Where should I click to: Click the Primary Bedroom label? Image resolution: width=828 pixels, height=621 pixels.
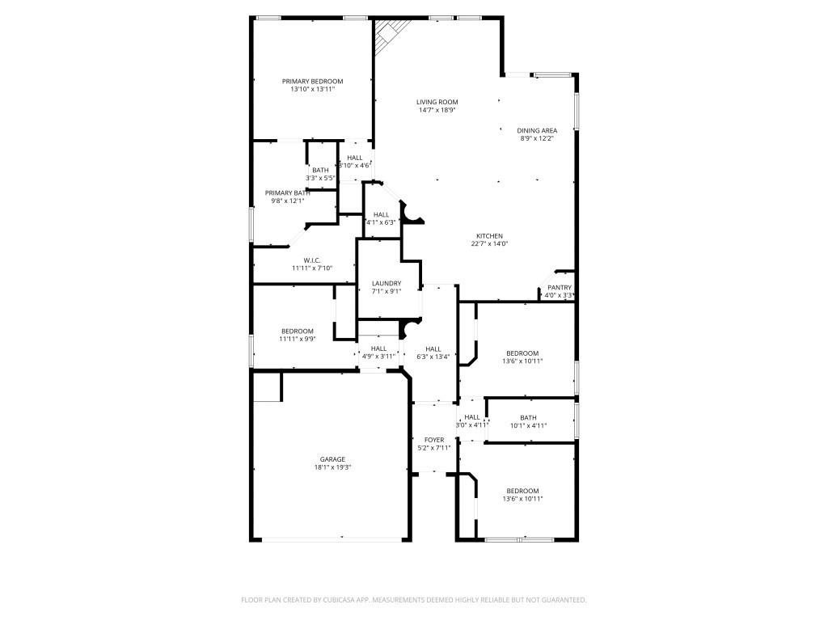point(312,81)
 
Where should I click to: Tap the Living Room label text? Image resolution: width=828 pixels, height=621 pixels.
point(437,102)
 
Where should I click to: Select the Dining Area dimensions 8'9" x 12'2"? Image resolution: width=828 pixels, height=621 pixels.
point(537,138)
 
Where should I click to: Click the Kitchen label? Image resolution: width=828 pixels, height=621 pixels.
point(489,235)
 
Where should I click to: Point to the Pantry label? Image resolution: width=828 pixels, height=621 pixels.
point(560,287)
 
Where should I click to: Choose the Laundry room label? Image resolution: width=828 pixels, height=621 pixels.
point(387,283)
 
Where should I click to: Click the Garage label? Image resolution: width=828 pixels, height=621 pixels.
point(332,458)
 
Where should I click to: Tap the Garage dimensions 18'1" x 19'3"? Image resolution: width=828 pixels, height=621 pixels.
point(332,467)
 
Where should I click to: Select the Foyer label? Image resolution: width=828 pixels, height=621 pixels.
point(434,439)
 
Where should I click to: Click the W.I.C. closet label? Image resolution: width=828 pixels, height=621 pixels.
point(312,260)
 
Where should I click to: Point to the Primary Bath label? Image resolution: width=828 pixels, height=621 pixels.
point(287,192)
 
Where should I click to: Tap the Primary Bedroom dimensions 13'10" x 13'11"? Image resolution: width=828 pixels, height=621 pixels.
point(312,90)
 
